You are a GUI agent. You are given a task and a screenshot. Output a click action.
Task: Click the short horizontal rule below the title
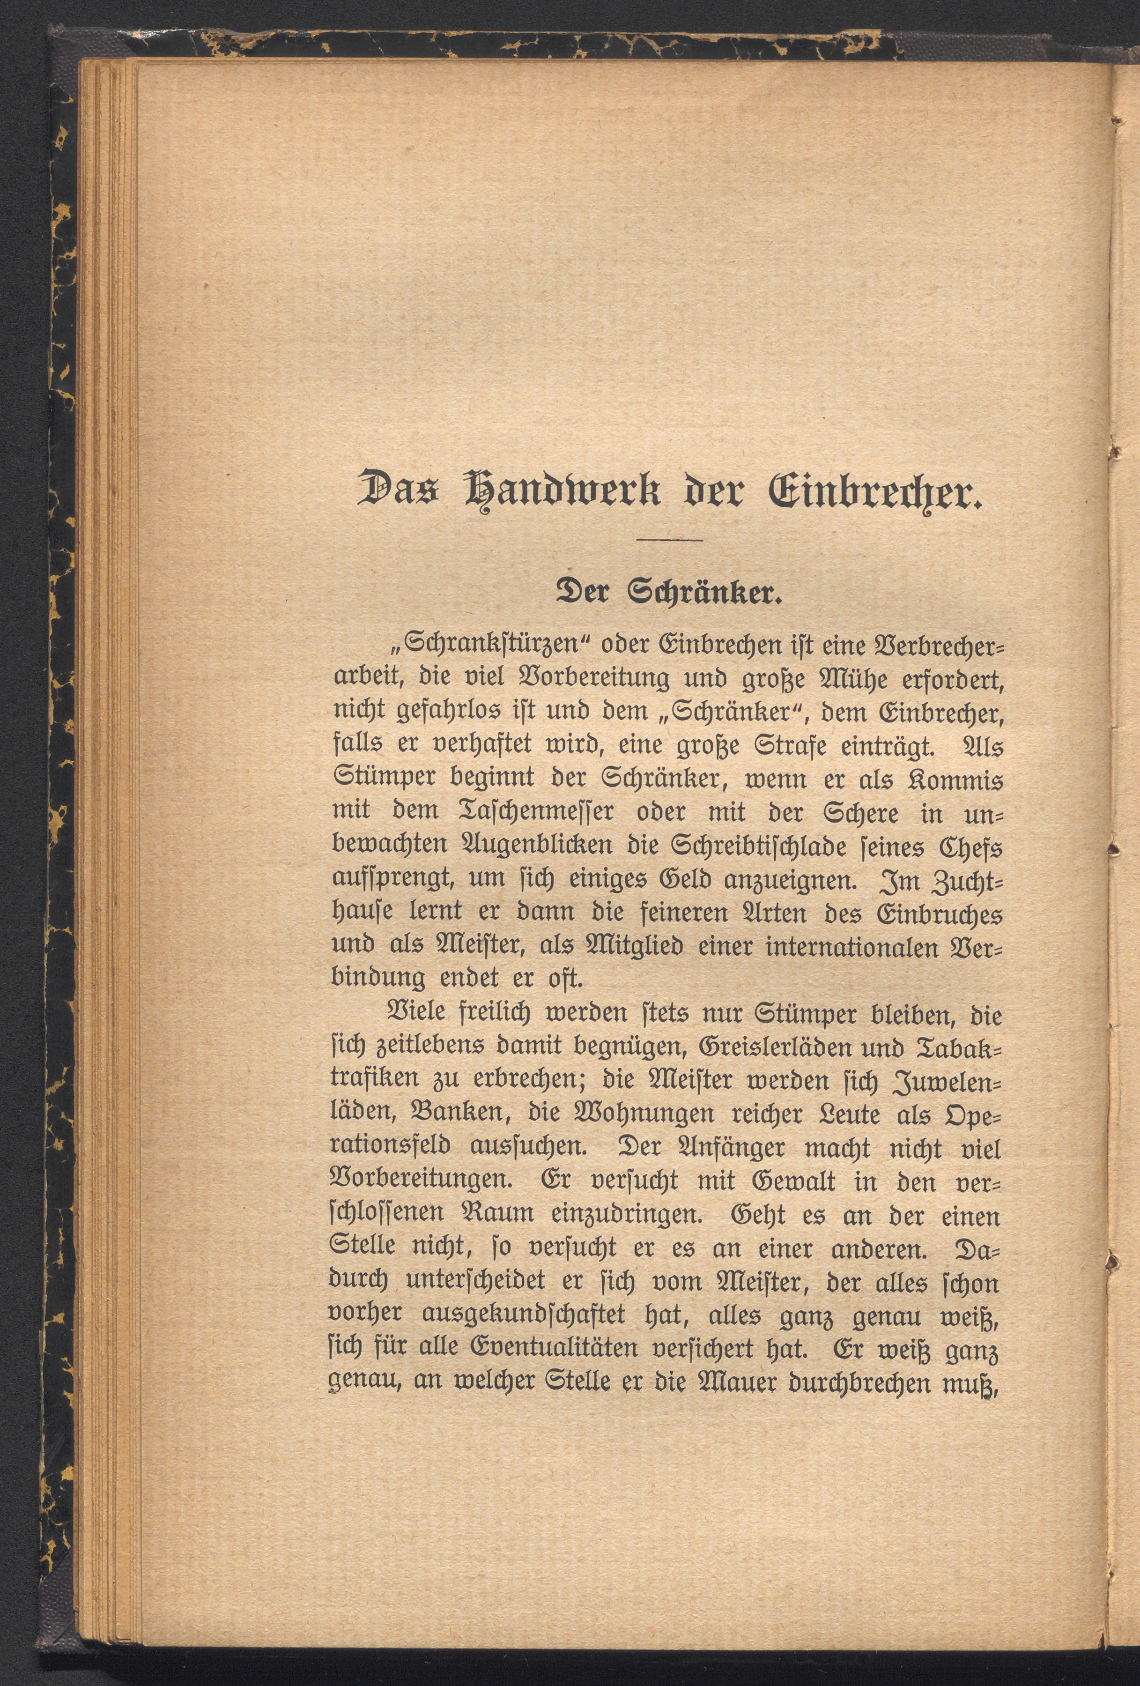tap(668, 540)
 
